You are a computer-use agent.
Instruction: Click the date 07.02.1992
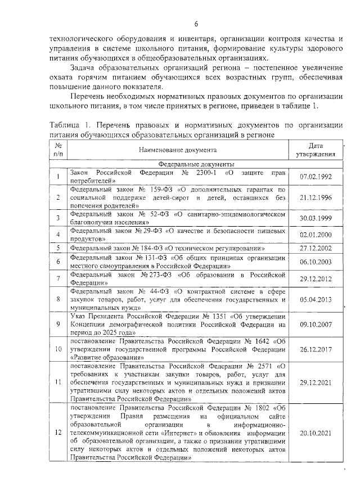click(x=316, y=177)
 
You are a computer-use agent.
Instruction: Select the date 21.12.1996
click(x=316, y=198)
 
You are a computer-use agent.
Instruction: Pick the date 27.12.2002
click(x=316, y=248)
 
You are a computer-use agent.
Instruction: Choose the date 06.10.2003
click(x=316, y=262)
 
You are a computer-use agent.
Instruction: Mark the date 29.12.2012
click(x=316, y=279)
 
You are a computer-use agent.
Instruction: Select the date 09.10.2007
click(x=316, y=325)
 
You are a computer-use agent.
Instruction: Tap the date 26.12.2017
click(x=316, y=349)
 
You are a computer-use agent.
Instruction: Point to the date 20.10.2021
click(x=316, y=433)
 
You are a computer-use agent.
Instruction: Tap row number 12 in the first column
click(x=58, y=433)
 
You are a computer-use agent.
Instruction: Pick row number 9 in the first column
click(x=58, y=325)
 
